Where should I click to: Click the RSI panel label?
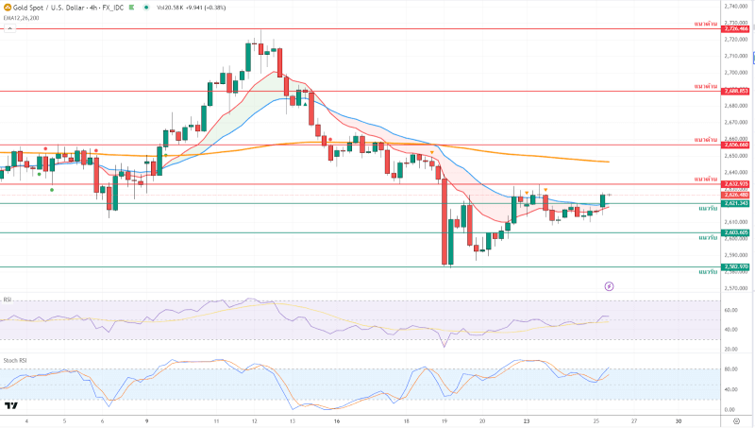8,300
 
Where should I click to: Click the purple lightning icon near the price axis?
609,284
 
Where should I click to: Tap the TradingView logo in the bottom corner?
12,405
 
